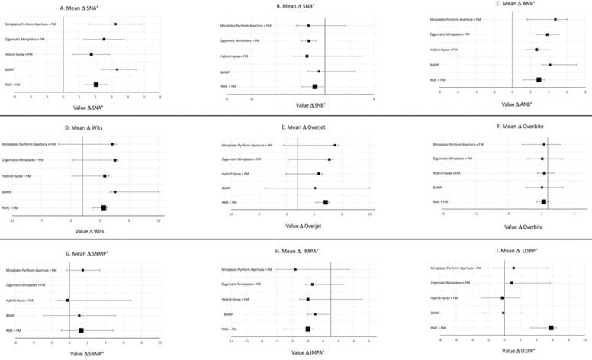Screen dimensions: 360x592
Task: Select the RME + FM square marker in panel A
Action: [x=96, y=85]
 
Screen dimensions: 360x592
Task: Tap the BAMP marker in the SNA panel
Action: [x=117, y=69]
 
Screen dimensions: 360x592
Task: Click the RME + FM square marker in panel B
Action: [x=314, y=87]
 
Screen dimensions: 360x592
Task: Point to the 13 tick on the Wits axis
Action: [x=158, y=220]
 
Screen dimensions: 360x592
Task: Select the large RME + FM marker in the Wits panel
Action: [x=103, y=207]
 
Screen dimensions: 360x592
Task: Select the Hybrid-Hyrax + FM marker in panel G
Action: [x=67, y=301]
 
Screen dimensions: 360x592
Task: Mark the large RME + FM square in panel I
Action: [x=551, y=328]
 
